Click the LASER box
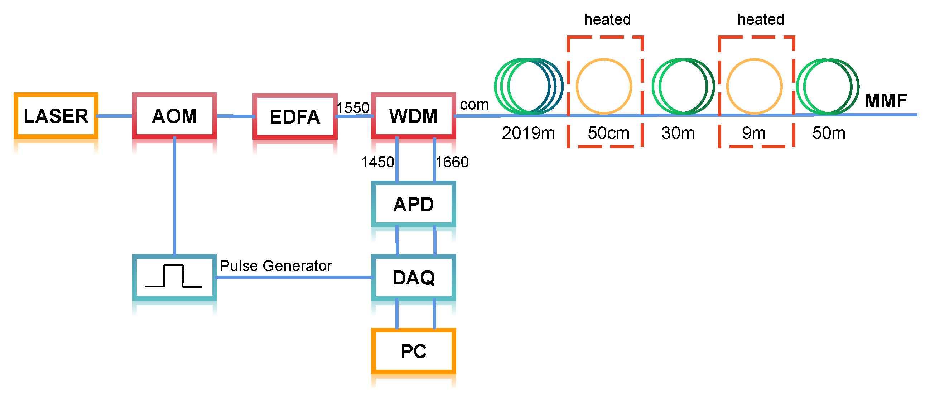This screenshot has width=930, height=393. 56,116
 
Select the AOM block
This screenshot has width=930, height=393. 174,116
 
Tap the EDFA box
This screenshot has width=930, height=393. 295,117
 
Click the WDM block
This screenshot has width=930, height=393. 413,116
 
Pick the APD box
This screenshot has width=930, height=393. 413,204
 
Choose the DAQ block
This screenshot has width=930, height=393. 413,277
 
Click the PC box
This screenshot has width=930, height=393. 413,351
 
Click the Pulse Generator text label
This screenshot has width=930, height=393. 275,266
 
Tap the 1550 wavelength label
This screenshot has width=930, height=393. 353,107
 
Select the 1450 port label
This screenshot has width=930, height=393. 377,162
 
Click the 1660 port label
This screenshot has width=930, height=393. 452,162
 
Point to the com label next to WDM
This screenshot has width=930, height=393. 474,105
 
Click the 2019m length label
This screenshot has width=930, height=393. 528,133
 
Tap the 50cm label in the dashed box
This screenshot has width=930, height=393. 608,133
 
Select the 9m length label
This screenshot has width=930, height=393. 753,133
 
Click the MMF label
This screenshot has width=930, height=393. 886,101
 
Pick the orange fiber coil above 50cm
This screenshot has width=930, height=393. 604,86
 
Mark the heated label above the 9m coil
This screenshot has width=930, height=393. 760,19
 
